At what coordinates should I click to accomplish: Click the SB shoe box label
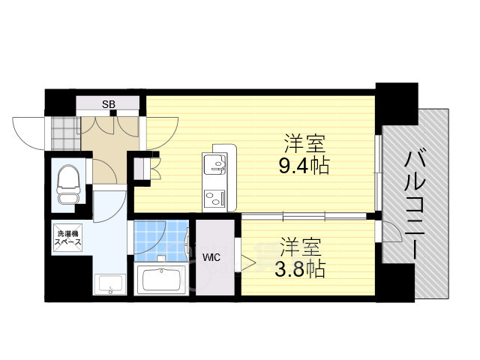click(x=109, y=104)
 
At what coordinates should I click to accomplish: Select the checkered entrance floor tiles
click(x=64, y=132)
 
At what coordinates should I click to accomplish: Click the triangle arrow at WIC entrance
click(x=247, y=262)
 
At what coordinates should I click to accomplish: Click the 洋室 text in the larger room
click(x=304, y=142)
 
